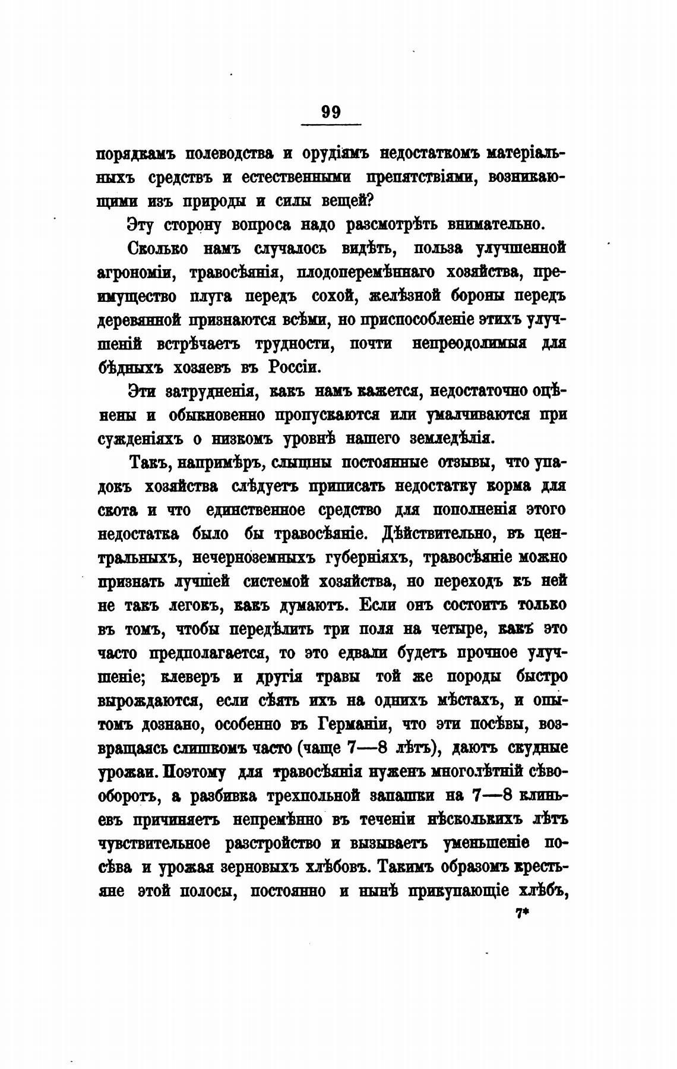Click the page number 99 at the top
331,112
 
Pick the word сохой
334,296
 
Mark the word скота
118,510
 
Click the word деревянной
138,320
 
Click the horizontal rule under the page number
331,124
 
